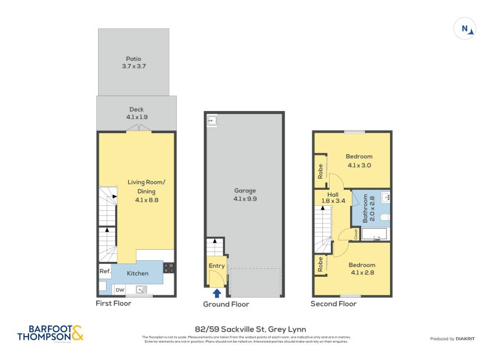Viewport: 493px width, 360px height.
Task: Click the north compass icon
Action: [x=465, y=28]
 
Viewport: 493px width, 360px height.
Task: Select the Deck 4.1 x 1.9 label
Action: [x=136, y=113]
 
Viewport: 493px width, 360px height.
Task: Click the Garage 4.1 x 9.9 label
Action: [x=245, y=195]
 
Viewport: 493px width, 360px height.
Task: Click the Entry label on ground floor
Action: [x=217, y=266]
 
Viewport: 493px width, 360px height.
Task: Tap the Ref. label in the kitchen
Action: [x=104, y=272]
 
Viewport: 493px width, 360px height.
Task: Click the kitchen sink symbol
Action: [x=142, y=289]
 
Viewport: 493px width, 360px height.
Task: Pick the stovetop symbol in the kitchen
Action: [x=169, y=268]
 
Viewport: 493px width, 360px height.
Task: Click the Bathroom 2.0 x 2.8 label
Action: [x=365, y=208]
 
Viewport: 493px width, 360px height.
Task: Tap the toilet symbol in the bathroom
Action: [x=383, y=218]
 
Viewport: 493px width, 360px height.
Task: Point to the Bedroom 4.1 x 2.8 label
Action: [x=361, y=269]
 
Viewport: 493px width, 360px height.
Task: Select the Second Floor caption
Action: [x=334, y=304]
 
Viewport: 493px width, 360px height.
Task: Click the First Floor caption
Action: [x=113, y=303]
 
